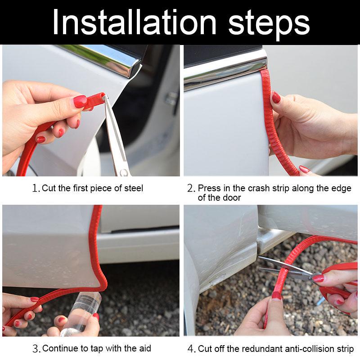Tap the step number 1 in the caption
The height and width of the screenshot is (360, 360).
[x=36, y=189]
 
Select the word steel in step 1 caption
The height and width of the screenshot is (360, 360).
[x=131, y=188]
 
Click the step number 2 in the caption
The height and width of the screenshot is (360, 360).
[x=191, y=189]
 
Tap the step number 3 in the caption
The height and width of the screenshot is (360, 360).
[x=36, y=349]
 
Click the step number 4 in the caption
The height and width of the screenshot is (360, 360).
[x=191, y=349]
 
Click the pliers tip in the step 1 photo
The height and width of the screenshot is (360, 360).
[x=105, y=98]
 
